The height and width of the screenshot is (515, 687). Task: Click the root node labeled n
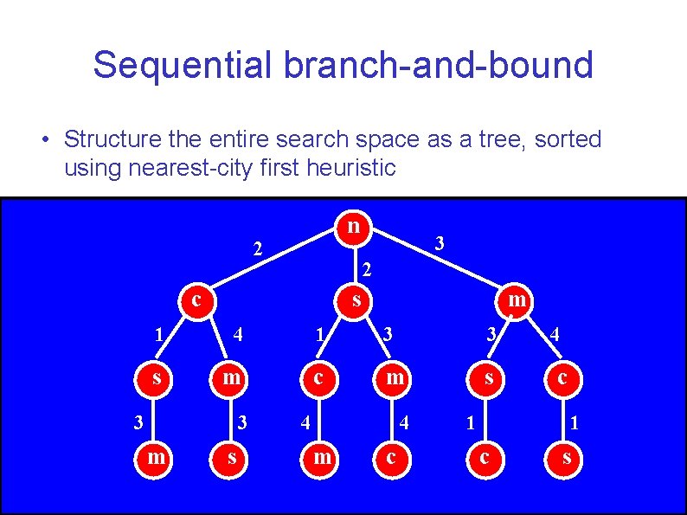point(352,227)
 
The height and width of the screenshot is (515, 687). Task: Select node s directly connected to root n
point(355,300)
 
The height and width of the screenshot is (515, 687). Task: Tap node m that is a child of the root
point(516,300)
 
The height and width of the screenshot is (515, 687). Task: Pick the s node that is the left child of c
point(156,378)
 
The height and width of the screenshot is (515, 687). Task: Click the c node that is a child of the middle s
point(321,378)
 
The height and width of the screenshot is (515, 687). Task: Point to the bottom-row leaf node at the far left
point(156,456)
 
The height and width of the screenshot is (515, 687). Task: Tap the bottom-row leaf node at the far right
point(567,456)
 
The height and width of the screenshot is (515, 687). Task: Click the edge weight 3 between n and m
point(440,244)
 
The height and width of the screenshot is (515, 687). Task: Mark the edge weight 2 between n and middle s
point(367,269)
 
